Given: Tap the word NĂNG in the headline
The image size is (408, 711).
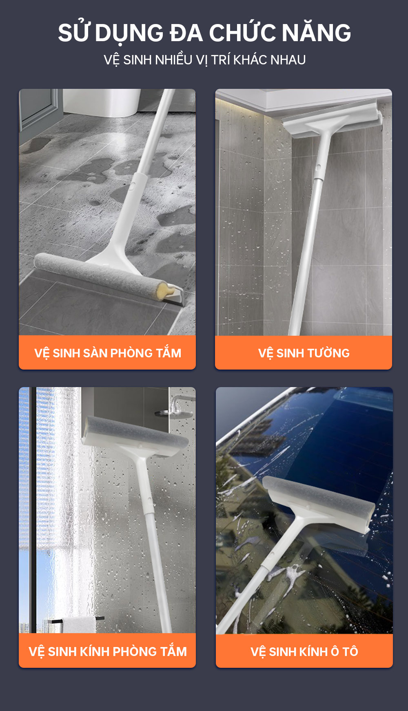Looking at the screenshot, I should click(316, 33).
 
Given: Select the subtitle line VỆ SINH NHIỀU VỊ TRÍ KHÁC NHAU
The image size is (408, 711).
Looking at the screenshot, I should click(204, 60).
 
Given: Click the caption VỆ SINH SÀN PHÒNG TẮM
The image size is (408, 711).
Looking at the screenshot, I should click(108, 353).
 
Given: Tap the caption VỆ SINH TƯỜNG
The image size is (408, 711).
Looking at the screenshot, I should click(304, 353).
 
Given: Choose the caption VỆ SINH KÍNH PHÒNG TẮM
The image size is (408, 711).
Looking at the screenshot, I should click(108, 651).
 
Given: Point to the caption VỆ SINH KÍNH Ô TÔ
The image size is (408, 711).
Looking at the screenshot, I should click(304, 651).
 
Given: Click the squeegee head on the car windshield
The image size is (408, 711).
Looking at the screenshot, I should click(318, 504).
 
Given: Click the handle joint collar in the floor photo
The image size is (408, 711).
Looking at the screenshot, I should click(136, 183).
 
